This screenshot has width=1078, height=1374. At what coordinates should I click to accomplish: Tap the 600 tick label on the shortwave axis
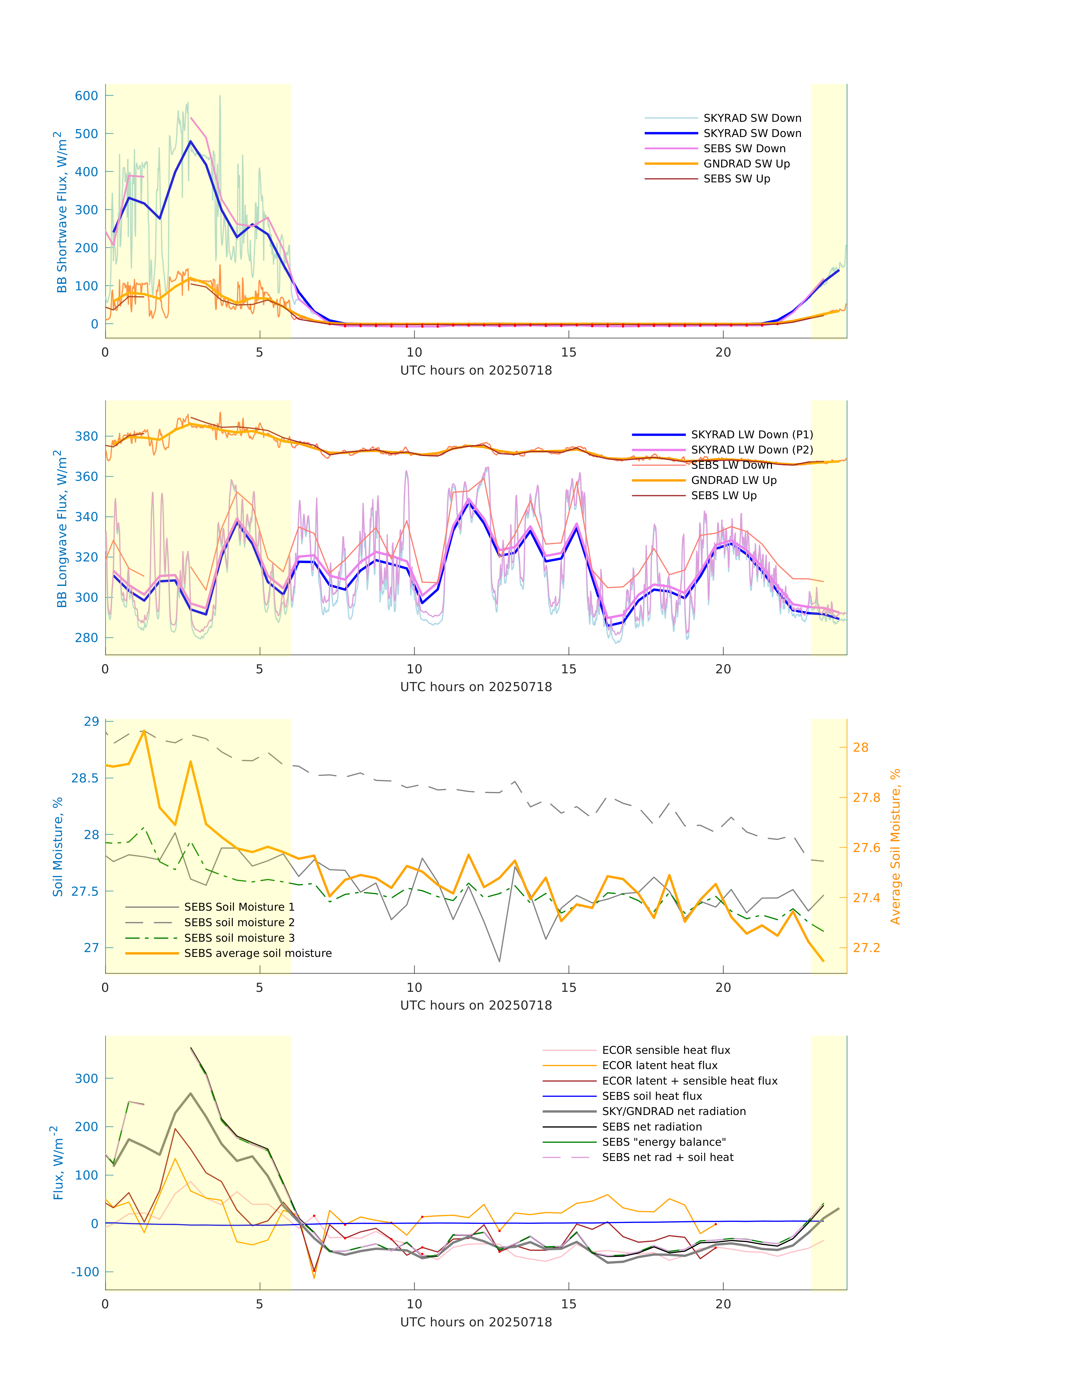(x=87, y=96)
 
